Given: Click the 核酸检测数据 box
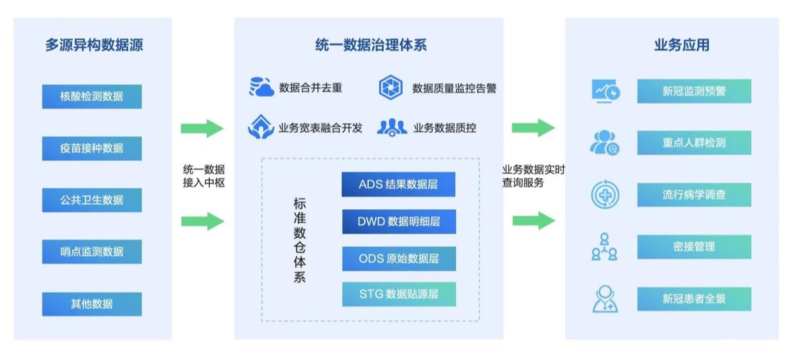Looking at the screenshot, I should pyautogui.click(x=92, y=97).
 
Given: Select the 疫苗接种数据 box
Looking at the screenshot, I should pyautogui.click(x=92, y=148).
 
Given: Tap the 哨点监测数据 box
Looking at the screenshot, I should pyautogui.click(x=92, y=251).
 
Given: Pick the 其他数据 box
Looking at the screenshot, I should pyautogui.click(x=92, y=304).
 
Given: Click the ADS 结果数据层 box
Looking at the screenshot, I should pyautogui.click(x=398, y=185).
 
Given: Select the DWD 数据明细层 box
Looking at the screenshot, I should pyautogui.click(x=398, y=221).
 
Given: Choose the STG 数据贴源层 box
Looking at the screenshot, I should pyautogui.click(x=398, y=294).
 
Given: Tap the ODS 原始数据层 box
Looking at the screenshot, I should pyautogui.click(x=398, y=258).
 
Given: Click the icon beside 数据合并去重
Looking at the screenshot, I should pyautogui.click(x=261, y=87).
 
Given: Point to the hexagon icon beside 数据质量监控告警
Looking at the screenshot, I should pyautogui.click(x=390, y=87).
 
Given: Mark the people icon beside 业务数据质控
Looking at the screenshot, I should pyautogui.click(x=391, y=128).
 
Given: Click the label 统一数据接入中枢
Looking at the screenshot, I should pyautogui.click(x=204, y=177).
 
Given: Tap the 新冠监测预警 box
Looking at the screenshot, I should pyautogui.click(x=693, y=91).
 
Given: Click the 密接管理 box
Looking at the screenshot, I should pyautogui.click(x=693, y=247).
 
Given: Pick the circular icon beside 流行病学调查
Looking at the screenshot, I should pyautogui.click(x=606, y=195).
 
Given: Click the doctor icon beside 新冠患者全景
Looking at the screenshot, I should pyautogui.click(x=605, y=299).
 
